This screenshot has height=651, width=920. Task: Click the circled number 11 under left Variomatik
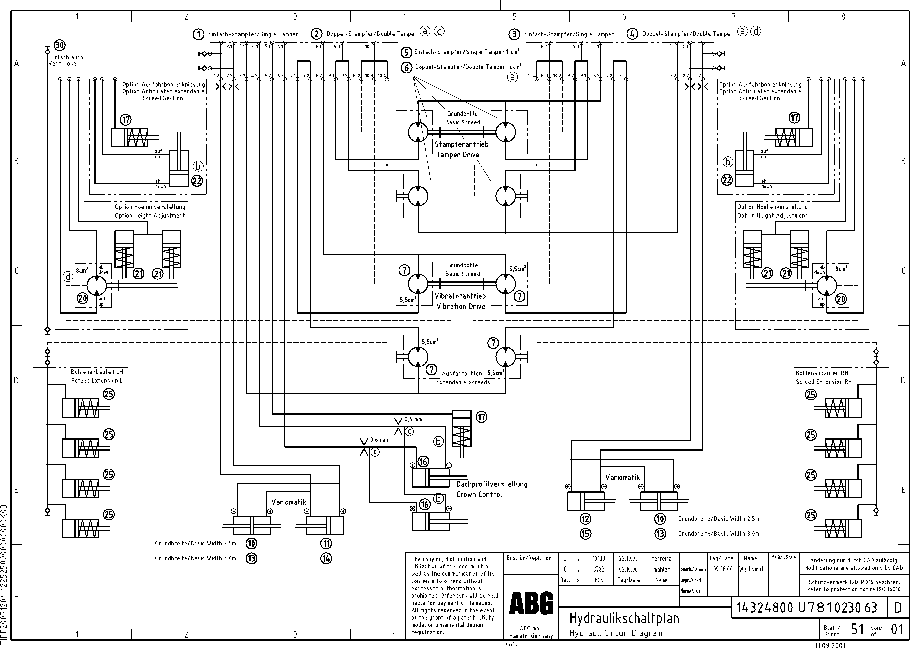326,544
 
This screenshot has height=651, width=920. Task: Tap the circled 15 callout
585,534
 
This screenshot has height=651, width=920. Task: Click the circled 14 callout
326,558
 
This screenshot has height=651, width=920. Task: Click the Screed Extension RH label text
823,382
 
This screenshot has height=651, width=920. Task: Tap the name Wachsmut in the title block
751,569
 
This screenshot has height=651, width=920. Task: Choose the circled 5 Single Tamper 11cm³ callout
406,52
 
